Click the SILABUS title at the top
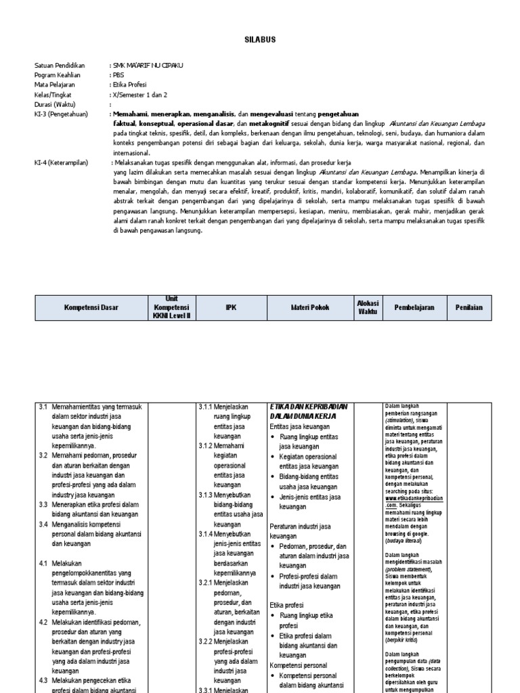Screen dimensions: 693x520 click(x=260, y=40)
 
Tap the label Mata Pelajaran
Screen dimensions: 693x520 click(x=55, y=85)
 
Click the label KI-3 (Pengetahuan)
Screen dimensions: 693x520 click(x=61, y=114)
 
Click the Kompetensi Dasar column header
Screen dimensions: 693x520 click(x=91, y=307)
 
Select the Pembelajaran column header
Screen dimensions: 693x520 click(x=414, y=307)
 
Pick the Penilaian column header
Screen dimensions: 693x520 click(x=469, y=307)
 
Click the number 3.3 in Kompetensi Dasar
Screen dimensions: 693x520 click(x=43, y=504)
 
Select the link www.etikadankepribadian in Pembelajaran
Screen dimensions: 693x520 click(x=414, y=497)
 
